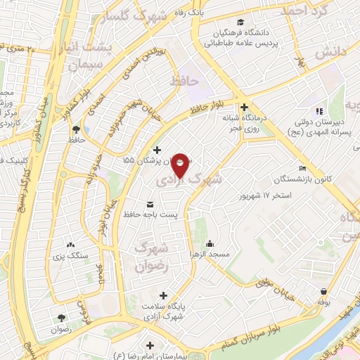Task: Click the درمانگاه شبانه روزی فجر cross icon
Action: [244, 108]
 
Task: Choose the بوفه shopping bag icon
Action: [323, 291]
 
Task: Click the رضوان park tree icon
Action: [61, 318]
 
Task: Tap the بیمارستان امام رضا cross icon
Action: [150, 345]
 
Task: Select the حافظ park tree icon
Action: [75, 129]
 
